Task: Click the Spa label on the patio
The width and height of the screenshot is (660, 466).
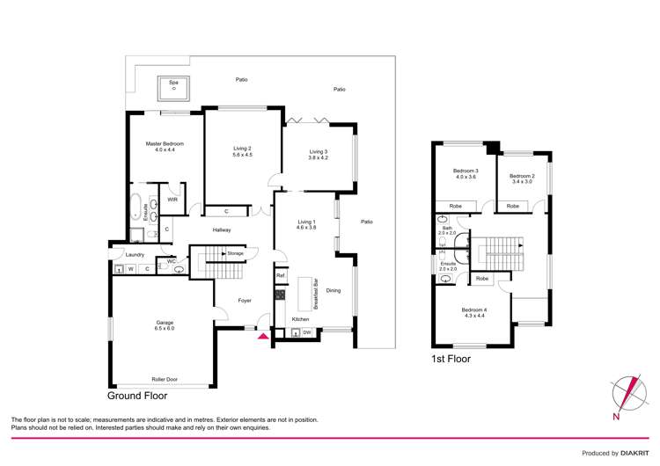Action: (x=173, y=82)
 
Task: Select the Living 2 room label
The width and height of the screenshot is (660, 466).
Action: (x=243, y=151)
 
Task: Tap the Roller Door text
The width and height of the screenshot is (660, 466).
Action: (x=165, y=379)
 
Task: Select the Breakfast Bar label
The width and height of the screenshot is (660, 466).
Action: (x=315, y=294)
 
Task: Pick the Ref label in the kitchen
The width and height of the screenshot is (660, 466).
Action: (x=281, y=276)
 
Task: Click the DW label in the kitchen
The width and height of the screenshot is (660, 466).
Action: (x=306, y=332)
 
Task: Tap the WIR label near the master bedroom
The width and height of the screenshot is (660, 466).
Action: (x=172, y=200)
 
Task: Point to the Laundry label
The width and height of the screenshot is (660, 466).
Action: (x=135, y=255)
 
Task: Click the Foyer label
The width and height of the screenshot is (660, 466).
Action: (x=245, y=301)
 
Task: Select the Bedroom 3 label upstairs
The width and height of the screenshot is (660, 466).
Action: (x=466, y=173)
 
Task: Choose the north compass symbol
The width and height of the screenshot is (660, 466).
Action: (x=628, y=393)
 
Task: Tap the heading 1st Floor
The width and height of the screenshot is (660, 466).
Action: (x=451, y=359)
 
